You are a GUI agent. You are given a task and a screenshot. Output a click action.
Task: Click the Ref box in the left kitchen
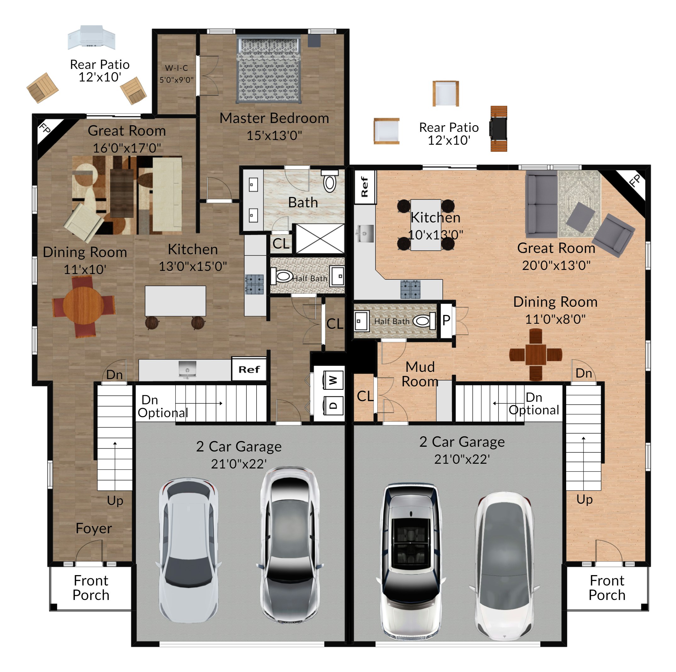coord(249,369)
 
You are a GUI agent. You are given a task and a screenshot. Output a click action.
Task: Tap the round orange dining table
coord(84,306)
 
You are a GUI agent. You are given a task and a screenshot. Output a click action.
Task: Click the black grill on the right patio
coord(498,128)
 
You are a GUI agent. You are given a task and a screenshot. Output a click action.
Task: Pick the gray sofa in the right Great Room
coord(541,204)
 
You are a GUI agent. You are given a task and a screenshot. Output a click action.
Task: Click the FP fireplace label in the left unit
coord(45,128)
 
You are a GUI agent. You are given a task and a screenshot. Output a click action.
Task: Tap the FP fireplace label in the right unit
coord(634,181)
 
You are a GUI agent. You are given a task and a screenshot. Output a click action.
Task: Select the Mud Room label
coord(420,374)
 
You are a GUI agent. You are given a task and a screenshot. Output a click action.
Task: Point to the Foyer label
coord(94,528)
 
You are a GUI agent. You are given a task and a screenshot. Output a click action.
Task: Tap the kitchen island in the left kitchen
coord(175,301)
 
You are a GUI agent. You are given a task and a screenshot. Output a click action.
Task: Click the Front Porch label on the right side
coord(607,588)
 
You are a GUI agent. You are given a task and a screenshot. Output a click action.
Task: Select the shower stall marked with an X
coord(320,238)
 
